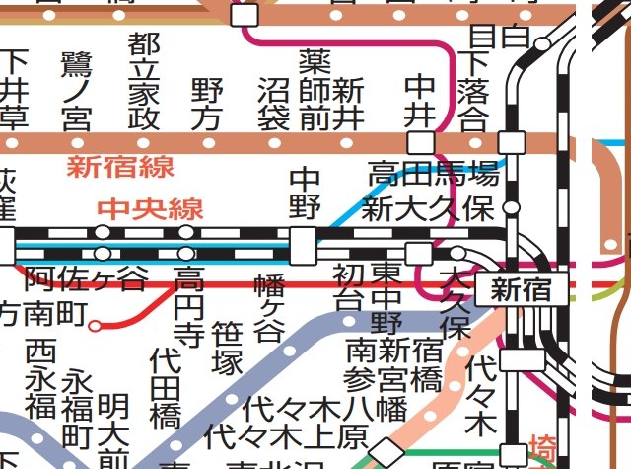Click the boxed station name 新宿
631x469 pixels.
click(x=522, y=290)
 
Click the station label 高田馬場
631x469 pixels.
click(x=433, y=176)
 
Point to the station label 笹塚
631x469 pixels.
click(x=227, y=348)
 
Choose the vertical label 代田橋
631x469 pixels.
click(x=166, y=386)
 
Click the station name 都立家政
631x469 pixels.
click(x=144, y=81)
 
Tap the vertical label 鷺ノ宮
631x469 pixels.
click(x=76, y=92)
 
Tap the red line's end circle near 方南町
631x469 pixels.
click(x=96, y=324)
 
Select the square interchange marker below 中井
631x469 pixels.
click(x=420, y=142)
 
